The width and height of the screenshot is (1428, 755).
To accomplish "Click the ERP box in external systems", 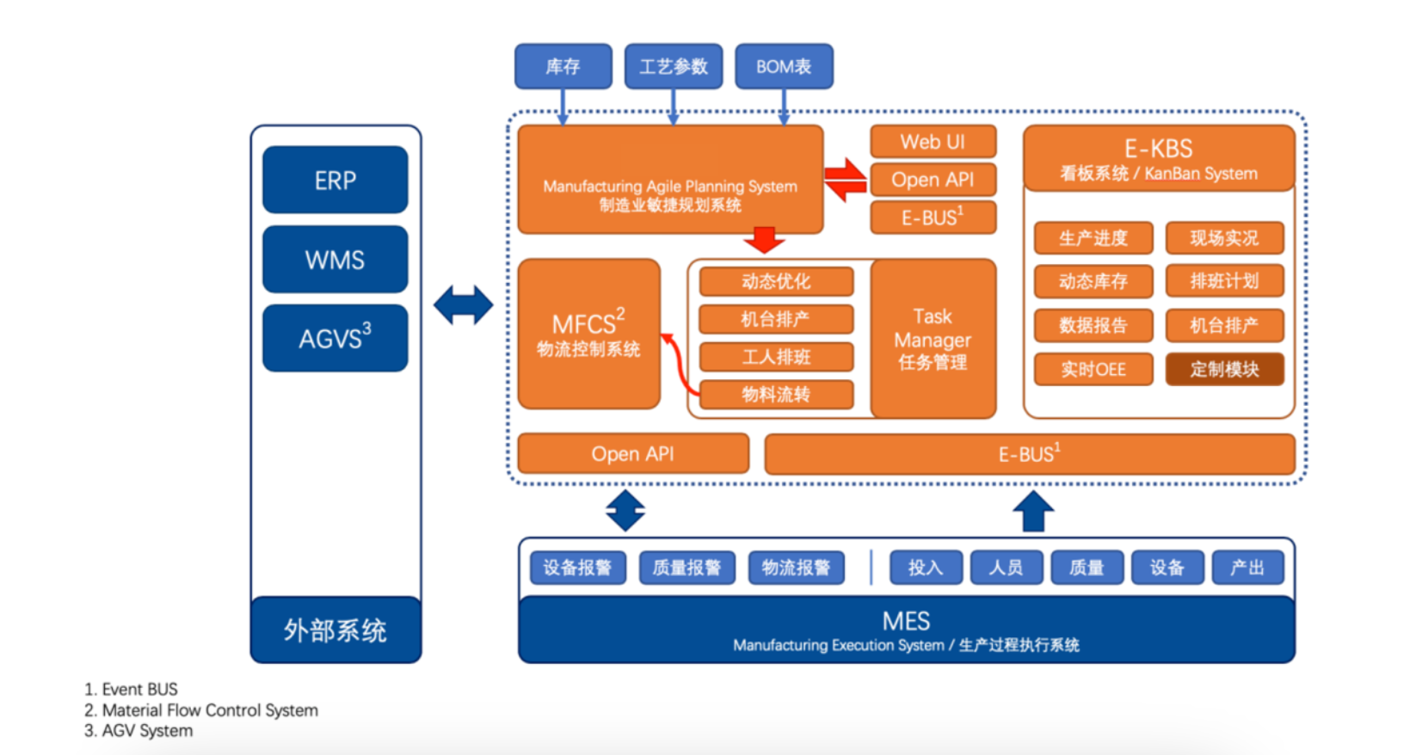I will click(x=335, y=180).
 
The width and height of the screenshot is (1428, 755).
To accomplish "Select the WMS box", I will click(x=335, y=259).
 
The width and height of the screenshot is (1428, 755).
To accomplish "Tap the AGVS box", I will click(x=335, y=338).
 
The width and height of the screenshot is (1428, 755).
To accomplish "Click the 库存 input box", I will click(x=563, y=66).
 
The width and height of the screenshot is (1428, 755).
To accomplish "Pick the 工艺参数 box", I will click(x=673, y=66).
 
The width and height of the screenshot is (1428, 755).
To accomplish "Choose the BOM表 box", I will click(x=784, y=66).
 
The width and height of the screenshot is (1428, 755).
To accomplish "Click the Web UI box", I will click(x=933, y=142).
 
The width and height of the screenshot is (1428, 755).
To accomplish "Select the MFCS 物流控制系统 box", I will click(x=588, y=334).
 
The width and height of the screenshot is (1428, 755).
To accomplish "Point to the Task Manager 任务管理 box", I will click(x=933, y=339).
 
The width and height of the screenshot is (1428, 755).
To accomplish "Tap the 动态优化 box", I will click(x=776, y=281).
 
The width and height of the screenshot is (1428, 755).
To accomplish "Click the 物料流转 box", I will click(x=776, y=395).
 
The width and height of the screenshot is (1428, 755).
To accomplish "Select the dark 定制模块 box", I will click(x=1224, y=369).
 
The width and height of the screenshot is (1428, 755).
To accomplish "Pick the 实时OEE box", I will click(x=1093, y=369).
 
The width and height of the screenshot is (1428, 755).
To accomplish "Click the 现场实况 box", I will click(x=1224, y=238).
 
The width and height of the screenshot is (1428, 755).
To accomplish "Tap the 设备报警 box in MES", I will click(x=577, y=568).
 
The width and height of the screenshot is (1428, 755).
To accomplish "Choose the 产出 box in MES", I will click(x=1247, y=568).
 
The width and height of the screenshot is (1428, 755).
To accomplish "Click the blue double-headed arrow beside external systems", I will click(x=463, y=305).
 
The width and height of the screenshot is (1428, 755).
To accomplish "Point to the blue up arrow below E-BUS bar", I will click(x=1033, y=511).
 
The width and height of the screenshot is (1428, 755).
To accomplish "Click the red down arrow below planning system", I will click(x=763, y=239).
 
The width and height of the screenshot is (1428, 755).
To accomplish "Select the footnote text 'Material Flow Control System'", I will click(x=210, y=710).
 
